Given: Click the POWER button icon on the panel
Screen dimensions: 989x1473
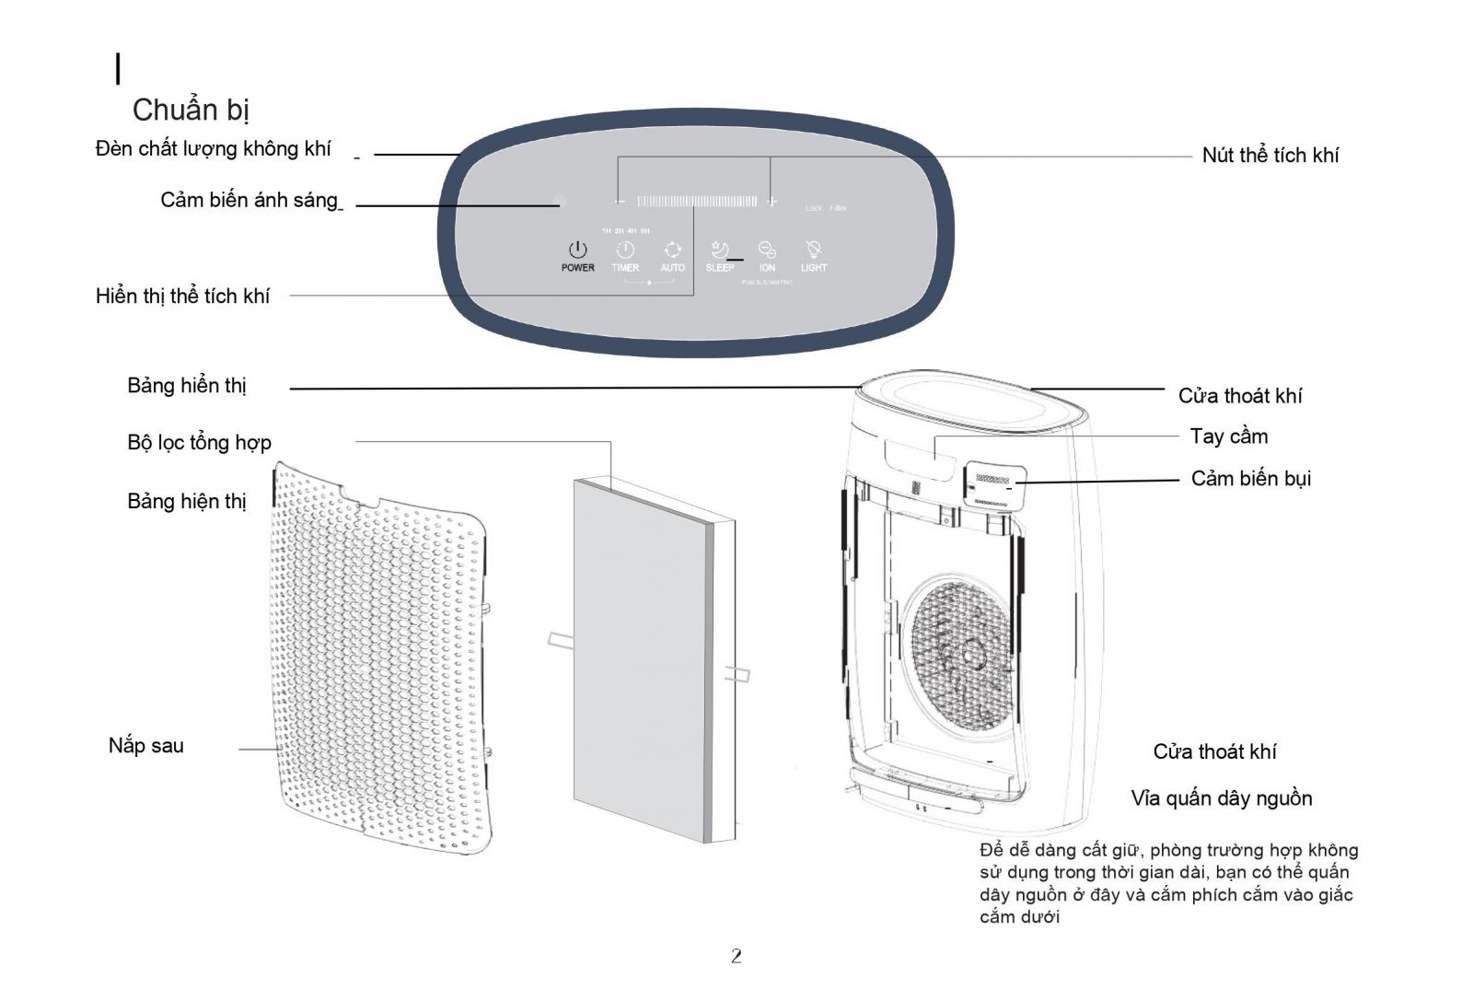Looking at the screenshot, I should pyautogui.click(x=577, y=250).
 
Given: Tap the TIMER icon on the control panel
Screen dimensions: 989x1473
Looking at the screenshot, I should pyautogui.click(x=625, y=250).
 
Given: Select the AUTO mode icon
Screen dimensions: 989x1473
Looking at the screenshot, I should pyautogui.click(x=673, y=250).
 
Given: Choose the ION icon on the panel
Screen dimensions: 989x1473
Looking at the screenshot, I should pyautogui.click(x=767, y=250).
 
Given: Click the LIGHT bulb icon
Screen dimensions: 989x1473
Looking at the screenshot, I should pyautogui.click(x=814, y=250).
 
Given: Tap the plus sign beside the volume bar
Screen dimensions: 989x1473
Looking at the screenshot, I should pyautogui.click(x=771, y=201).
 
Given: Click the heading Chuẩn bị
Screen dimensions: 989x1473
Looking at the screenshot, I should pyautogui.click(x=191, y=110).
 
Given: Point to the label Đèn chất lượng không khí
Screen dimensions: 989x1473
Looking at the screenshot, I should pyautogui.click(x=213, y=149).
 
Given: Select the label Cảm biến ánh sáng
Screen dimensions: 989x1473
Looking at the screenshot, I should pyautogui.click(x=249, y=201).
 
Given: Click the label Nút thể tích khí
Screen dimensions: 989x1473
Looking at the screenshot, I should pyautogui.click(x=1270, y=156).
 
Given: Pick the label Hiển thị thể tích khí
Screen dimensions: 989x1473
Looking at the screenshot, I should pyautogui.click(x=182, y=297).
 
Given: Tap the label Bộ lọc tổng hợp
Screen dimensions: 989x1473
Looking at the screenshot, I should pyautogui.click(x=199, y=443).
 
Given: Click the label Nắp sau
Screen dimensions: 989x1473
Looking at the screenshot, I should pyautogui.click(x=145, y=746).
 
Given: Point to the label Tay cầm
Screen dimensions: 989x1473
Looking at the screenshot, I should pyautogui.click(x=1228, y=436).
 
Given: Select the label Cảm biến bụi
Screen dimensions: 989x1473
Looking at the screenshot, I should pyautogui.click(x=1250, y=479).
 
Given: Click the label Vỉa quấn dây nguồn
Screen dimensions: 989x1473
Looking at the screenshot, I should pyautogui.click(x=1221, y=798).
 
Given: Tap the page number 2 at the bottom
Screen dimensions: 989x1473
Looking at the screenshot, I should pyautogui.click(x=736, y=956).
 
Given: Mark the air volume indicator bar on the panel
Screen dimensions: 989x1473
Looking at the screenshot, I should pyautogui.click(x=697, y=201).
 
